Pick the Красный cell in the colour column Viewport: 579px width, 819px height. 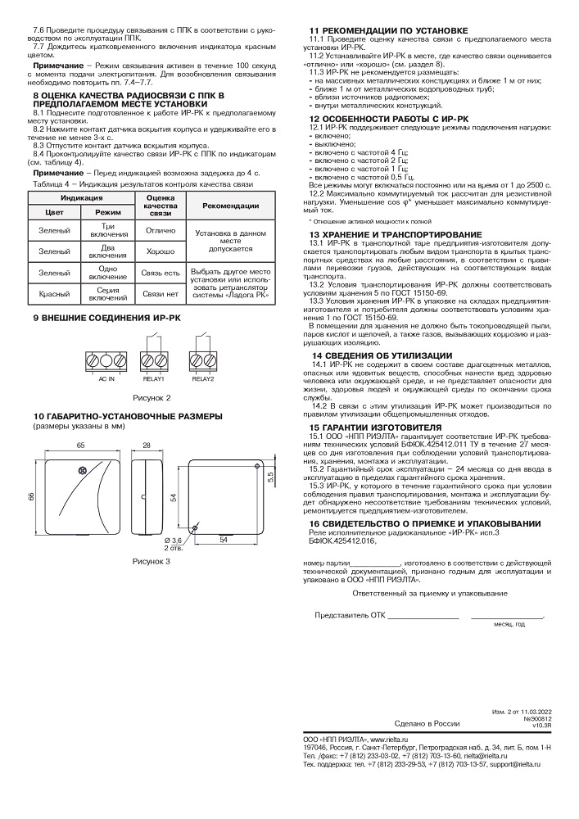[54, 292]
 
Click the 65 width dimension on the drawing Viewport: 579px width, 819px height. [81, 444]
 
